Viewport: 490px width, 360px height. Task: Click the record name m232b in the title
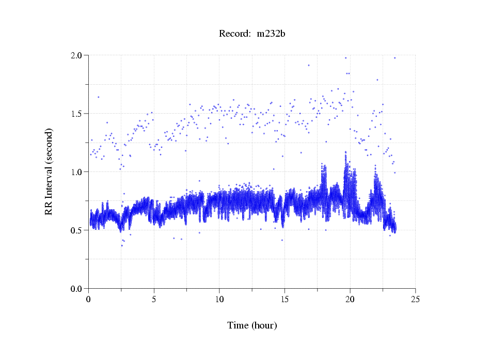(272, 34)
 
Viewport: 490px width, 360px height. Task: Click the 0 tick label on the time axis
(89, 299)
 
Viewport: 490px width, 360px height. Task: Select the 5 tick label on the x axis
(154, 299)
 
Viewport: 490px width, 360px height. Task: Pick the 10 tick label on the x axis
(219, 299)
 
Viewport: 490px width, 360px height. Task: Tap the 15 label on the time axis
(285, 299)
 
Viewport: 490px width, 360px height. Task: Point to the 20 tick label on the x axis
(350, 299)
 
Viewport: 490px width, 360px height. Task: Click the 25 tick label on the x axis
(416, 299)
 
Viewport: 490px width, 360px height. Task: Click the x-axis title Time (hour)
(252, 325)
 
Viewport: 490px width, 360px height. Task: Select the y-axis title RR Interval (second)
(49, 171)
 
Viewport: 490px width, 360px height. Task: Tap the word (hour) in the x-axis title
(264, 325)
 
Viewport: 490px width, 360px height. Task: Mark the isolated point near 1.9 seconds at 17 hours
(309, 65)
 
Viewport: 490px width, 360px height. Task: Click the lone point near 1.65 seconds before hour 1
(98, 97)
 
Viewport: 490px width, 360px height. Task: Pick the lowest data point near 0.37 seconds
(122, 245)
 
